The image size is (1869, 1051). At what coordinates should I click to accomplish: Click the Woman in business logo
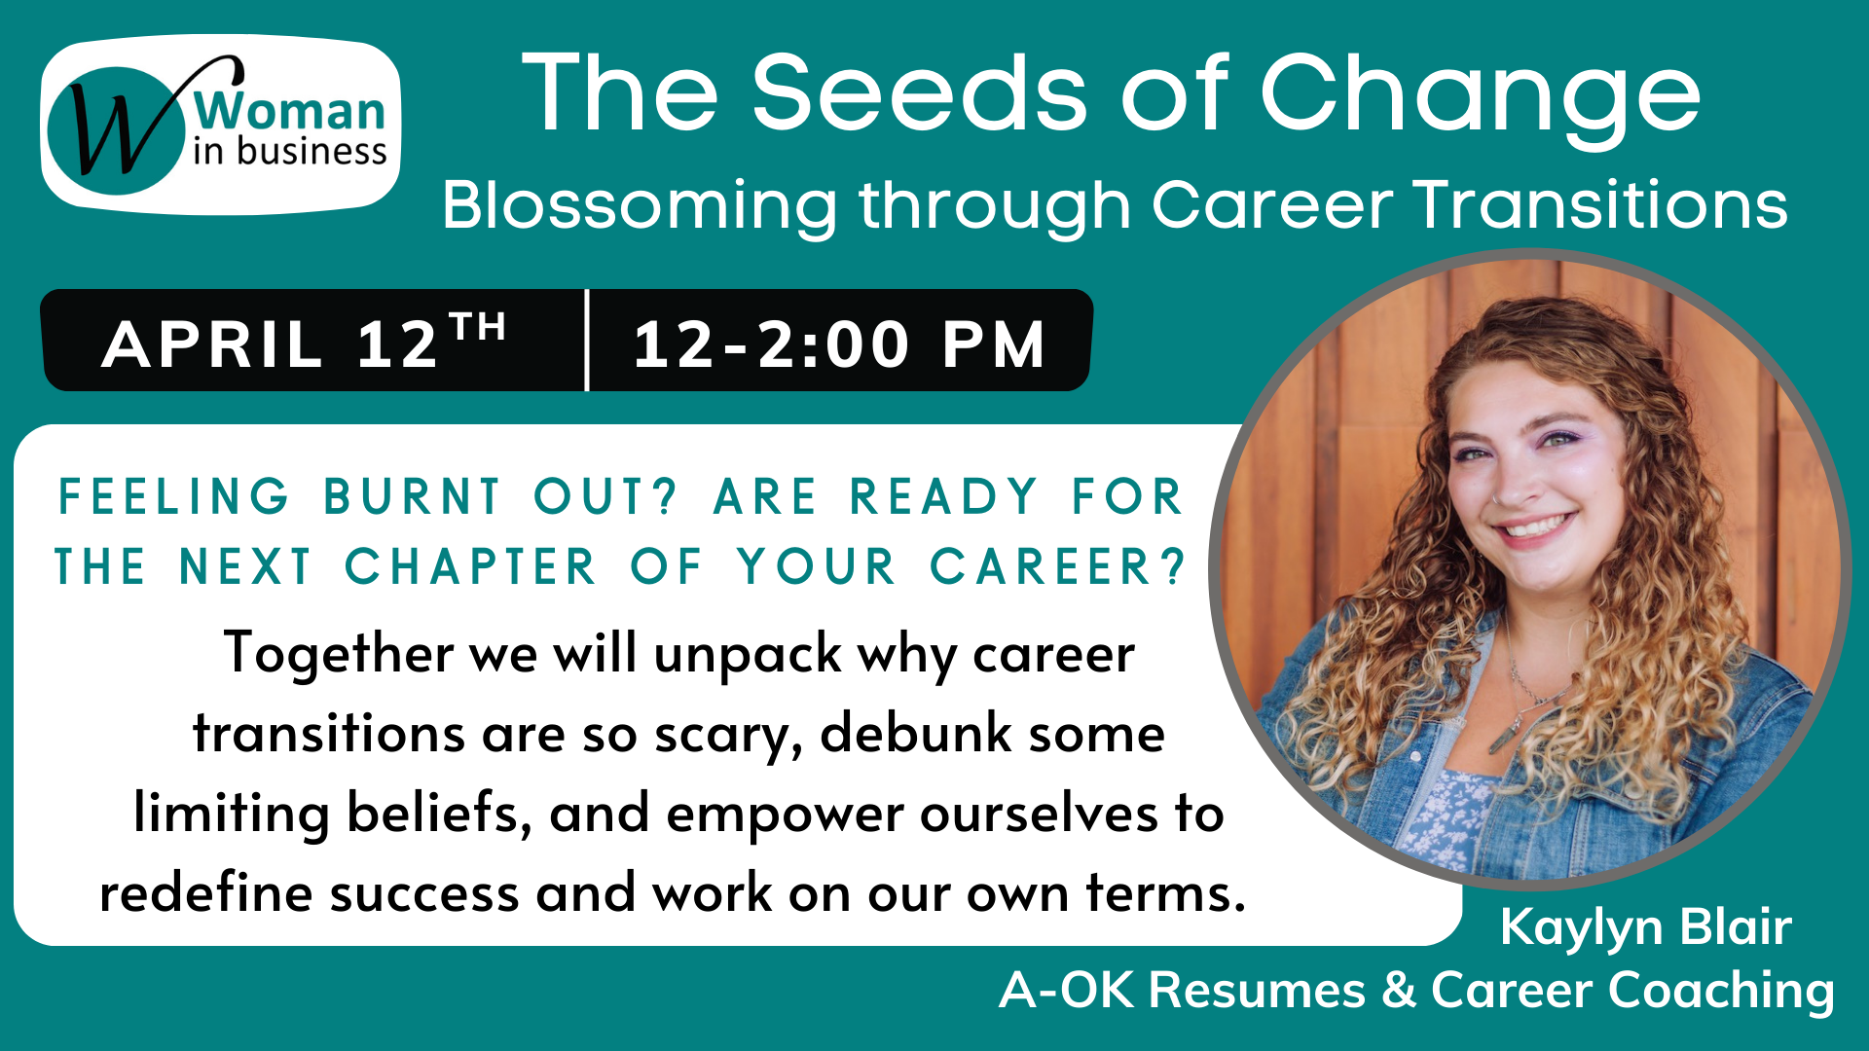coord(220,124)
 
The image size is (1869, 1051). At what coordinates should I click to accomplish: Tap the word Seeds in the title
coord(919,93)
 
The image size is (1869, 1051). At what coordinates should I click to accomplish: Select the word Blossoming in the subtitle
coord(640,206)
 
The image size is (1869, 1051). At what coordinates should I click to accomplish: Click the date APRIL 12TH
coord(304,342)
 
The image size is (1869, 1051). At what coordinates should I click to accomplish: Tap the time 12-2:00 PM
coord(839,344)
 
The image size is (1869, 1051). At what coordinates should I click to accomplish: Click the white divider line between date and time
coord(587,341)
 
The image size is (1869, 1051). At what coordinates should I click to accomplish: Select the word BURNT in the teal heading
coord(413,496)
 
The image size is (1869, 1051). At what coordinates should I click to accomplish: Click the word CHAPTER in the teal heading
coord(470,566)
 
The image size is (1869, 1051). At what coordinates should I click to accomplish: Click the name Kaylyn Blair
coord(1646,927)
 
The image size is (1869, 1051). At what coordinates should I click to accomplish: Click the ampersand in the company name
coord(1399,990)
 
